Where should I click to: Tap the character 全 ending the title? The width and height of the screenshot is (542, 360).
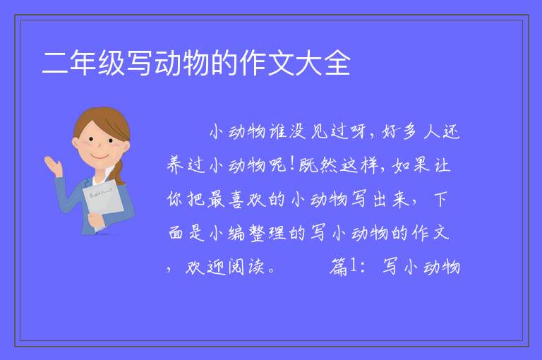338,63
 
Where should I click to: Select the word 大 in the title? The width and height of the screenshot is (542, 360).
309,63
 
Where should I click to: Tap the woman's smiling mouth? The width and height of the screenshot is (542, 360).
99,156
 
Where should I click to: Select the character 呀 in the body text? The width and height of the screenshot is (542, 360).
359,132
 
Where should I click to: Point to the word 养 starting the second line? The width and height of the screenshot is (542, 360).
176,165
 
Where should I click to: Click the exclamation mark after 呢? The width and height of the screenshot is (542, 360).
292,164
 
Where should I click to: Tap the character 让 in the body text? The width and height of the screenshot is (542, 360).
442,165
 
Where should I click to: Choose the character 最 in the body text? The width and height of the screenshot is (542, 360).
217,200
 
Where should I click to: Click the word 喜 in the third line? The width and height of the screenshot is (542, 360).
237,200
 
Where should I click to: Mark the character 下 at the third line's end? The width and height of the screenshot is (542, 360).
440,200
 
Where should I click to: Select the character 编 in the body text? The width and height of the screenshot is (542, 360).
237,234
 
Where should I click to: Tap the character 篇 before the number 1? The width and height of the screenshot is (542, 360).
338,268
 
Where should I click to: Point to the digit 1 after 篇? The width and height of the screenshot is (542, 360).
353,265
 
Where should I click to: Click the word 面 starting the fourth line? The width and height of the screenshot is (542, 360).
176,234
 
